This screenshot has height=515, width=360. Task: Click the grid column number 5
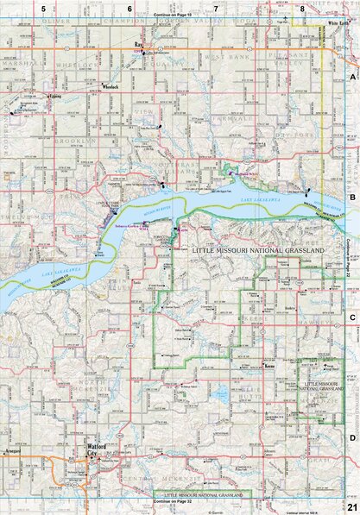coord(42,8)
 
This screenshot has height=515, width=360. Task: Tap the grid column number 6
coord(129,8)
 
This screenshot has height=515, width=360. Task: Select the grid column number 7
coord(216,8)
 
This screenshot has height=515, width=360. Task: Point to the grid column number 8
coord(302,8)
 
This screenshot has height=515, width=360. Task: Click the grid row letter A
coord(352,78)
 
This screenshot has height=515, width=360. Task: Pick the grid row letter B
coord(352,198)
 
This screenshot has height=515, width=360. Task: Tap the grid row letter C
coord(352,317)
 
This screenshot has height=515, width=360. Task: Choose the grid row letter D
coord(352,437)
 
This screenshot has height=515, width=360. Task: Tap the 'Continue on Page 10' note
coord(173,16)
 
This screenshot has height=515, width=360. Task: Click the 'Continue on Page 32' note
coord(173,501)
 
